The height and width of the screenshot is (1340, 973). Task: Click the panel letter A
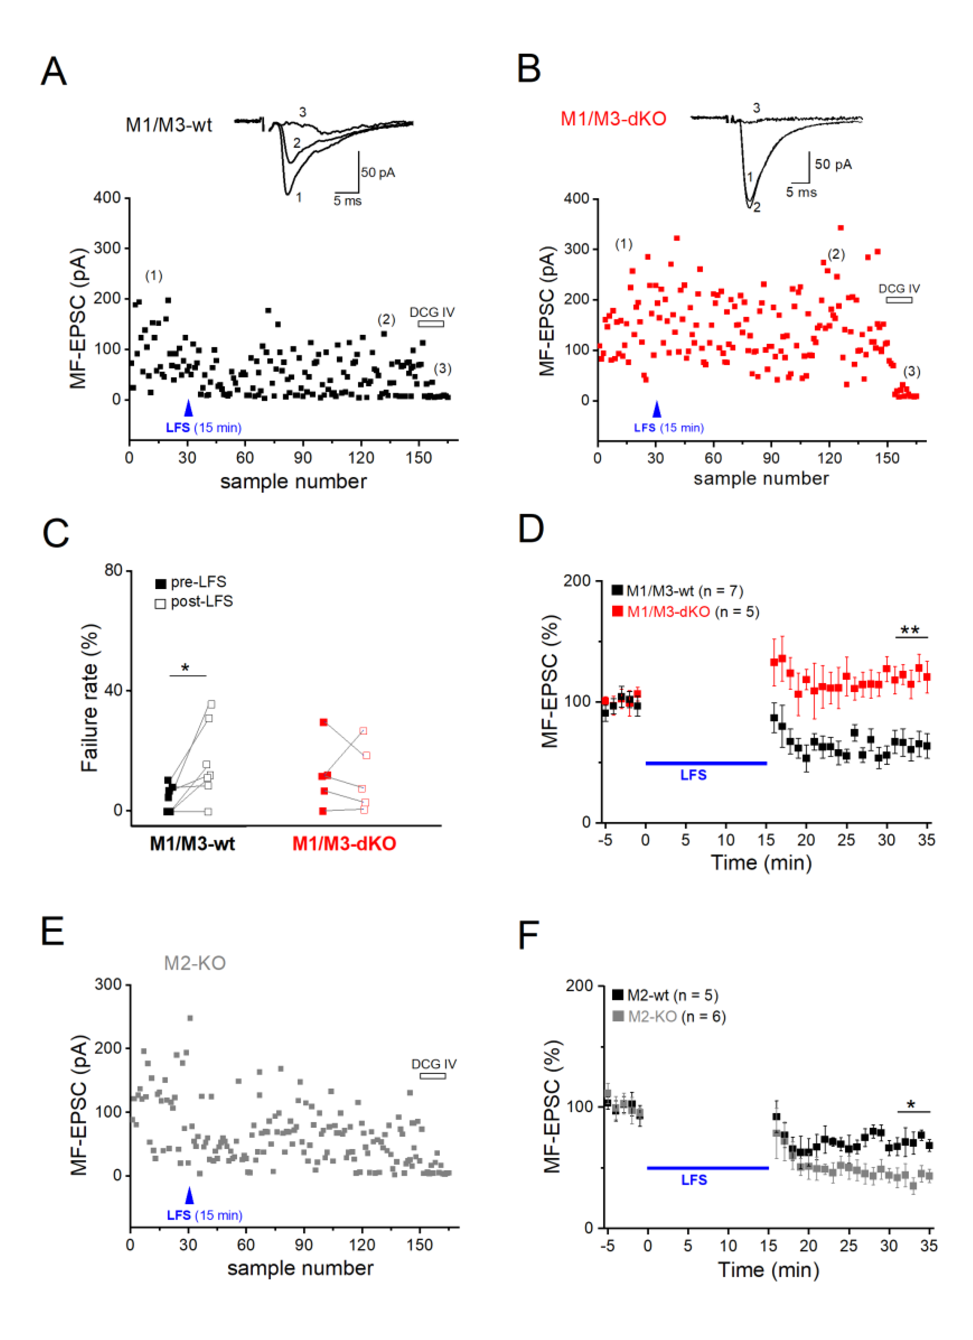pos(54,72)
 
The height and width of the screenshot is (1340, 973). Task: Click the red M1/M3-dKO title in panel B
pos(613,119)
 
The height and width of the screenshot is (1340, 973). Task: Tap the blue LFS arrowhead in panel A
pos(188,408)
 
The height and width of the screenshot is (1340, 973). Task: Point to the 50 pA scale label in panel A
pos(378,172)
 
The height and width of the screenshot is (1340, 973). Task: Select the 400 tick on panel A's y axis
pos(107,197)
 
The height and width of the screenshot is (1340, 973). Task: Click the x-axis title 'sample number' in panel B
pos(761,478)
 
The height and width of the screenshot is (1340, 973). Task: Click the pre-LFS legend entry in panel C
pos(192,583)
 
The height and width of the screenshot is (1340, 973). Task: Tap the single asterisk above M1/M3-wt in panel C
pos(185,668)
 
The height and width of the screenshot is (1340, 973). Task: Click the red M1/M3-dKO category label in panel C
pos(344,843)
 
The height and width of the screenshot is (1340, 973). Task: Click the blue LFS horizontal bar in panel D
pos(706,763)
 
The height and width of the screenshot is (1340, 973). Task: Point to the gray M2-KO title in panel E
pos(195,964)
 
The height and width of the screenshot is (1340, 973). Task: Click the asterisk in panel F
pos(911,1105)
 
